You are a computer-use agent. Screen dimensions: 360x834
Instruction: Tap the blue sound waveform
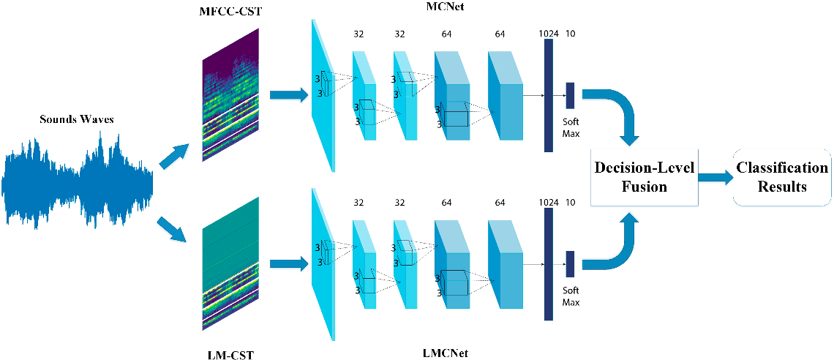tap(77, 179)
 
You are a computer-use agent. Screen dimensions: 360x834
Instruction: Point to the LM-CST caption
tap(230, 355)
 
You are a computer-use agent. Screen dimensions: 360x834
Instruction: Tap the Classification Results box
tap(782, 176)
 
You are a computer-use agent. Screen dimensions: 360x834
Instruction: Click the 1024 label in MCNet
tap(546, 33)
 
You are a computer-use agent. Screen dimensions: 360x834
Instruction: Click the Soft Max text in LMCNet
tap(571, 296)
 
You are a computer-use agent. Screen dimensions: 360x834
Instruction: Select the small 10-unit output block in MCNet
tap(570, 91)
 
